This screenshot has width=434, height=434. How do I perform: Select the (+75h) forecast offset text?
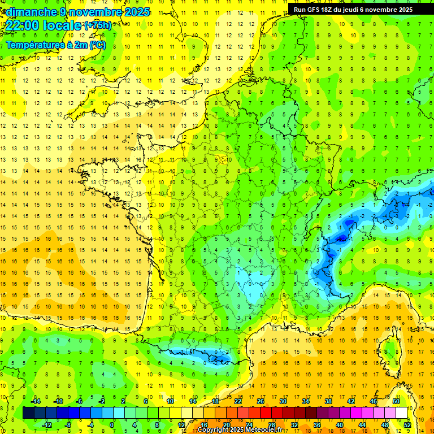(98, 25)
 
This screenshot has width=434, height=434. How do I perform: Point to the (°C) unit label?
(97, 45)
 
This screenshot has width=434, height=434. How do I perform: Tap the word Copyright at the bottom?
(215, 430)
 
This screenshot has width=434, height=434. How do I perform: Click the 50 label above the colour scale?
(396, 401)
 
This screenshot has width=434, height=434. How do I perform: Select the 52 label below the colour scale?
(407, 425)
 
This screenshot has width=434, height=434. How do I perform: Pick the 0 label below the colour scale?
(112, 425)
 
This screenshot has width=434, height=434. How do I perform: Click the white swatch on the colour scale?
(401, 413)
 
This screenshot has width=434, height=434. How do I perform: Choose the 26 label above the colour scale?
(261, 401)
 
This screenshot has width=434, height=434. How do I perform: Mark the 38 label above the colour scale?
(328, 401)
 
